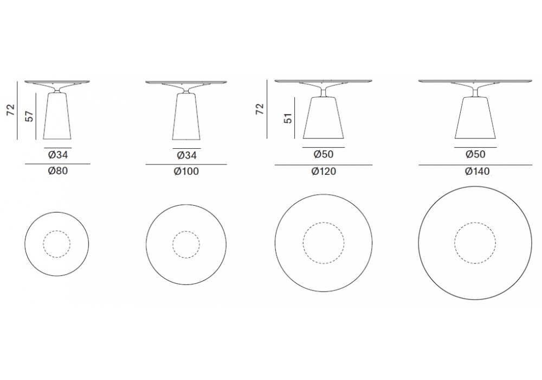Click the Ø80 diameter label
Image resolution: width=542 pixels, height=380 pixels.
coord(58,171)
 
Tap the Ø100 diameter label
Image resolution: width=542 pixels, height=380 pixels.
coord(186,172)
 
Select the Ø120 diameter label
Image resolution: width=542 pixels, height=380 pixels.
coord(324,172)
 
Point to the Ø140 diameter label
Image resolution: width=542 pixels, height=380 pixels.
coord(477,172)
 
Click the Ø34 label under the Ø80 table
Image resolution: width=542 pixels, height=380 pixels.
coord(58,155)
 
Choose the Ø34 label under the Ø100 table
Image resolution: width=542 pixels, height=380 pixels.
coord(186,155)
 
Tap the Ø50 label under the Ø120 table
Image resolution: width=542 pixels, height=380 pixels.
coord(324,154)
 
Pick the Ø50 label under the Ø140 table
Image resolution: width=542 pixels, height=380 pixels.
coord(476,154)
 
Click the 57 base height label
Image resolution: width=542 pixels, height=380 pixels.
coord(30,116)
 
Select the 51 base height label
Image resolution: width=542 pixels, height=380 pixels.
coord(288,118)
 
